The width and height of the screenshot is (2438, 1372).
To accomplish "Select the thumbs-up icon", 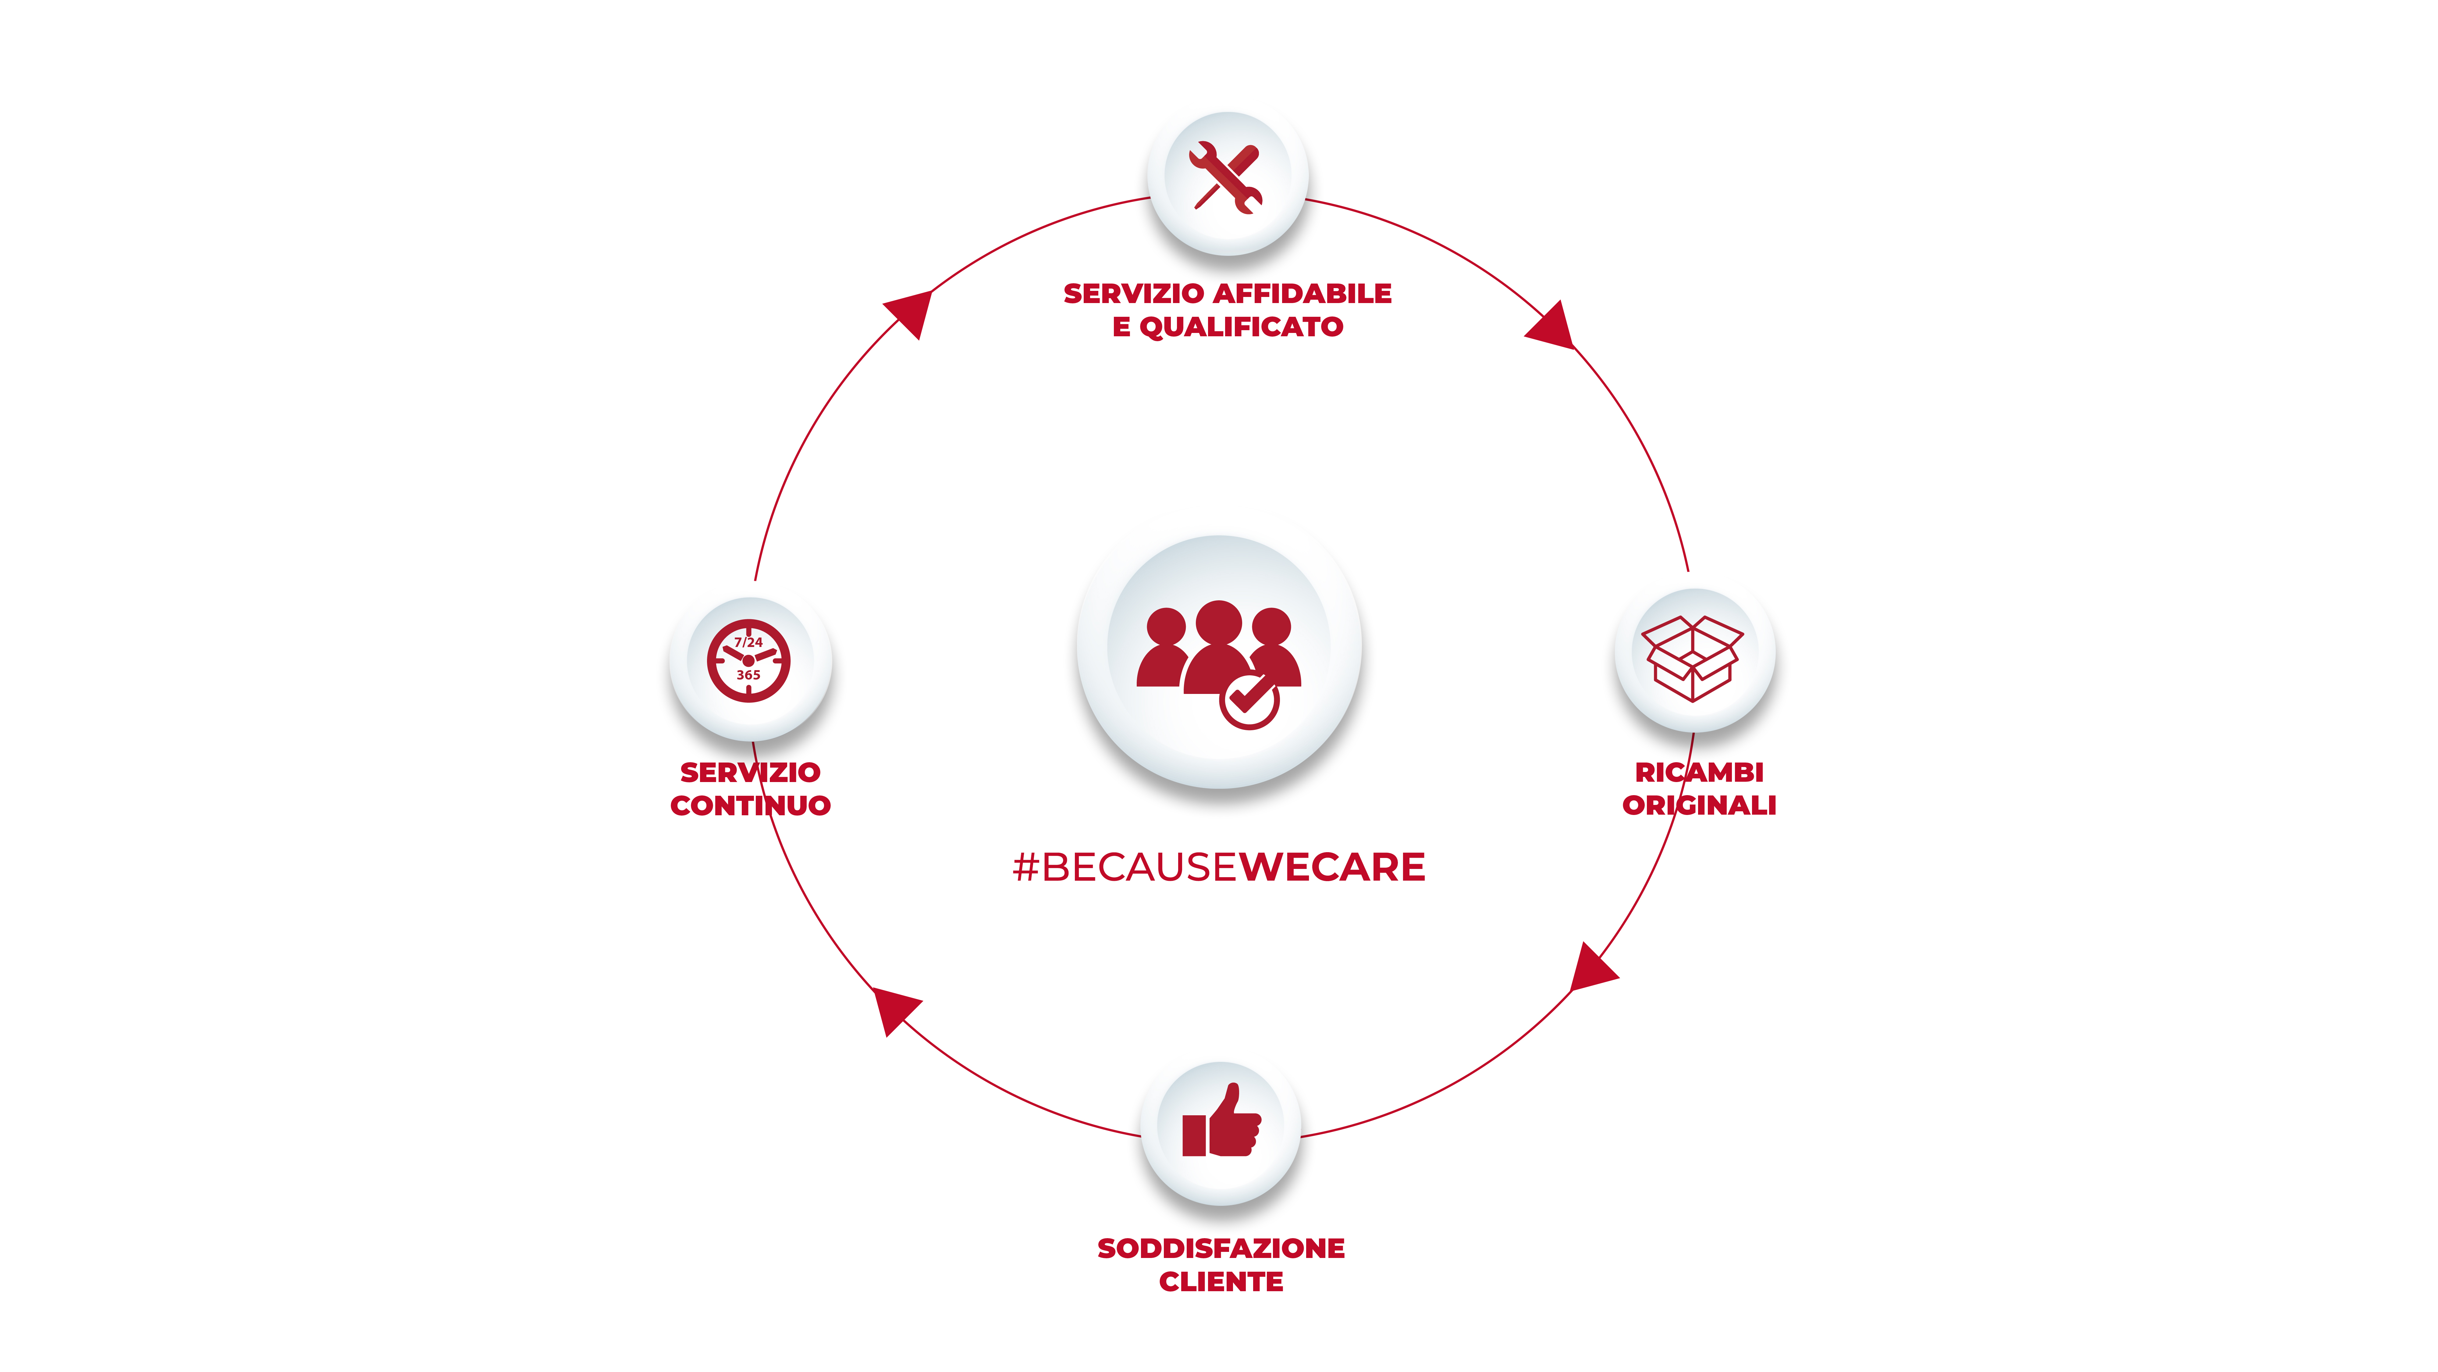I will click(1221, 1123).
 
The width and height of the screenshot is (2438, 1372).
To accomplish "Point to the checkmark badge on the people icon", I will click(1249, 701).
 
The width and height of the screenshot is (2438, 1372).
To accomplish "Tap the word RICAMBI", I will click(1699, 773).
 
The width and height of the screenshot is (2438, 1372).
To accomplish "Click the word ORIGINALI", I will click(1699, 806).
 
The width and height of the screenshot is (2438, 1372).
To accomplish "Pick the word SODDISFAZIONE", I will click(1221, 1249).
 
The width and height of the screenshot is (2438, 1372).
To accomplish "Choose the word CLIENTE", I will click(1221, 1282).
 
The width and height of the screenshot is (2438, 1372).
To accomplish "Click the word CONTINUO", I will click(751, 806).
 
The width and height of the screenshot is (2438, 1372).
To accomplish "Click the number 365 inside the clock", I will click(749, 675).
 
